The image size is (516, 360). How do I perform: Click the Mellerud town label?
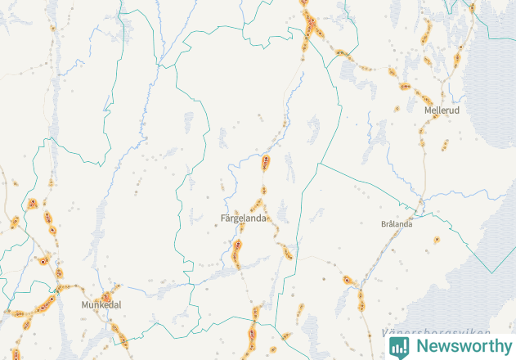442,109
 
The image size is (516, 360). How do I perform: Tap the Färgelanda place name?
244,218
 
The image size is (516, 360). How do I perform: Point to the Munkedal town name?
101,304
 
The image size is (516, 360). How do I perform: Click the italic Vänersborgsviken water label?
436,332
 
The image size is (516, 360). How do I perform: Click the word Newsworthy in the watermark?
463,346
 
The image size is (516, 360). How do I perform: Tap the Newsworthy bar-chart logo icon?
399,346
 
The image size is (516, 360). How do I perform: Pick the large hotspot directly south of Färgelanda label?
238,245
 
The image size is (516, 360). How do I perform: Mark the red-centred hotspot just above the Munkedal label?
105,296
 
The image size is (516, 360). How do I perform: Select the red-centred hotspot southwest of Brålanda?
347,280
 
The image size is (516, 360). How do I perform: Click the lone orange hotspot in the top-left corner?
53,28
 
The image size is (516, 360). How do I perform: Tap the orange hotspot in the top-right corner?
473,8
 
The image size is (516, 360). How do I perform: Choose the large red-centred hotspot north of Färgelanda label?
266,161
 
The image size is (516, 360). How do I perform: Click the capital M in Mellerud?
428,109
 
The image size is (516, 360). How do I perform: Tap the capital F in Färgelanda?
223,218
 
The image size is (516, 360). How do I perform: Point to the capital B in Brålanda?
384,223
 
